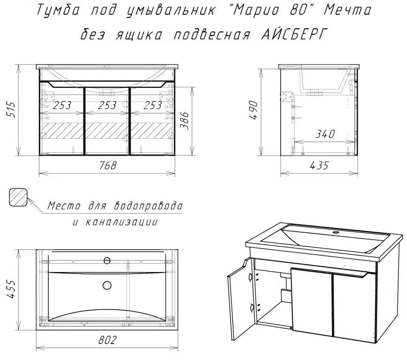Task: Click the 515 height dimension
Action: pyautogui.click(x=11, y=110)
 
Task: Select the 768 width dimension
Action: pyautogui.click(x=108, y=165)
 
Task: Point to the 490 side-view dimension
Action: pyautogui.click(x=253, y=110)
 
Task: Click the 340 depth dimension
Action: pyautogui.click(x=325, y=134)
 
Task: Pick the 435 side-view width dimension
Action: pyautogui.click(x=319, y=165)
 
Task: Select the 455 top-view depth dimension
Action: pyautogui.click(x=11, y=289)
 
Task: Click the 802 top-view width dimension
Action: pyautogui.click(x=108, y=340)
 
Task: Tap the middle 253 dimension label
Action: pyautogui.click(x=107, y=105)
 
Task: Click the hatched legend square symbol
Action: pyautogui.click(x=18, y=197)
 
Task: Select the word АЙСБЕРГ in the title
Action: pyautogui.click(x=293, y=35)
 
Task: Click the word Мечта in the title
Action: pyautogui.click(x=347, y=10)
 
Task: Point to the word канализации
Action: pyautogui.click(x=122, y=222)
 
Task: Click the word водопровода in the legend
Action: pyautogui.click(x=148, y=205)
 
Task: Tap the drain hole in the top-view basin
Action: pyautogui.click(x=107, y=285)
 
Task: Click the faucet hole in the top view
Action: pyautogui.click(x=107, y=260)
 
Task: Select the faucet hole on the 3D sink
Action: pyautogui.click(x=336, y=232)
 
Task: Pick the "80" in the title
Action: pyautogui.click(x=297, y=10)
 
